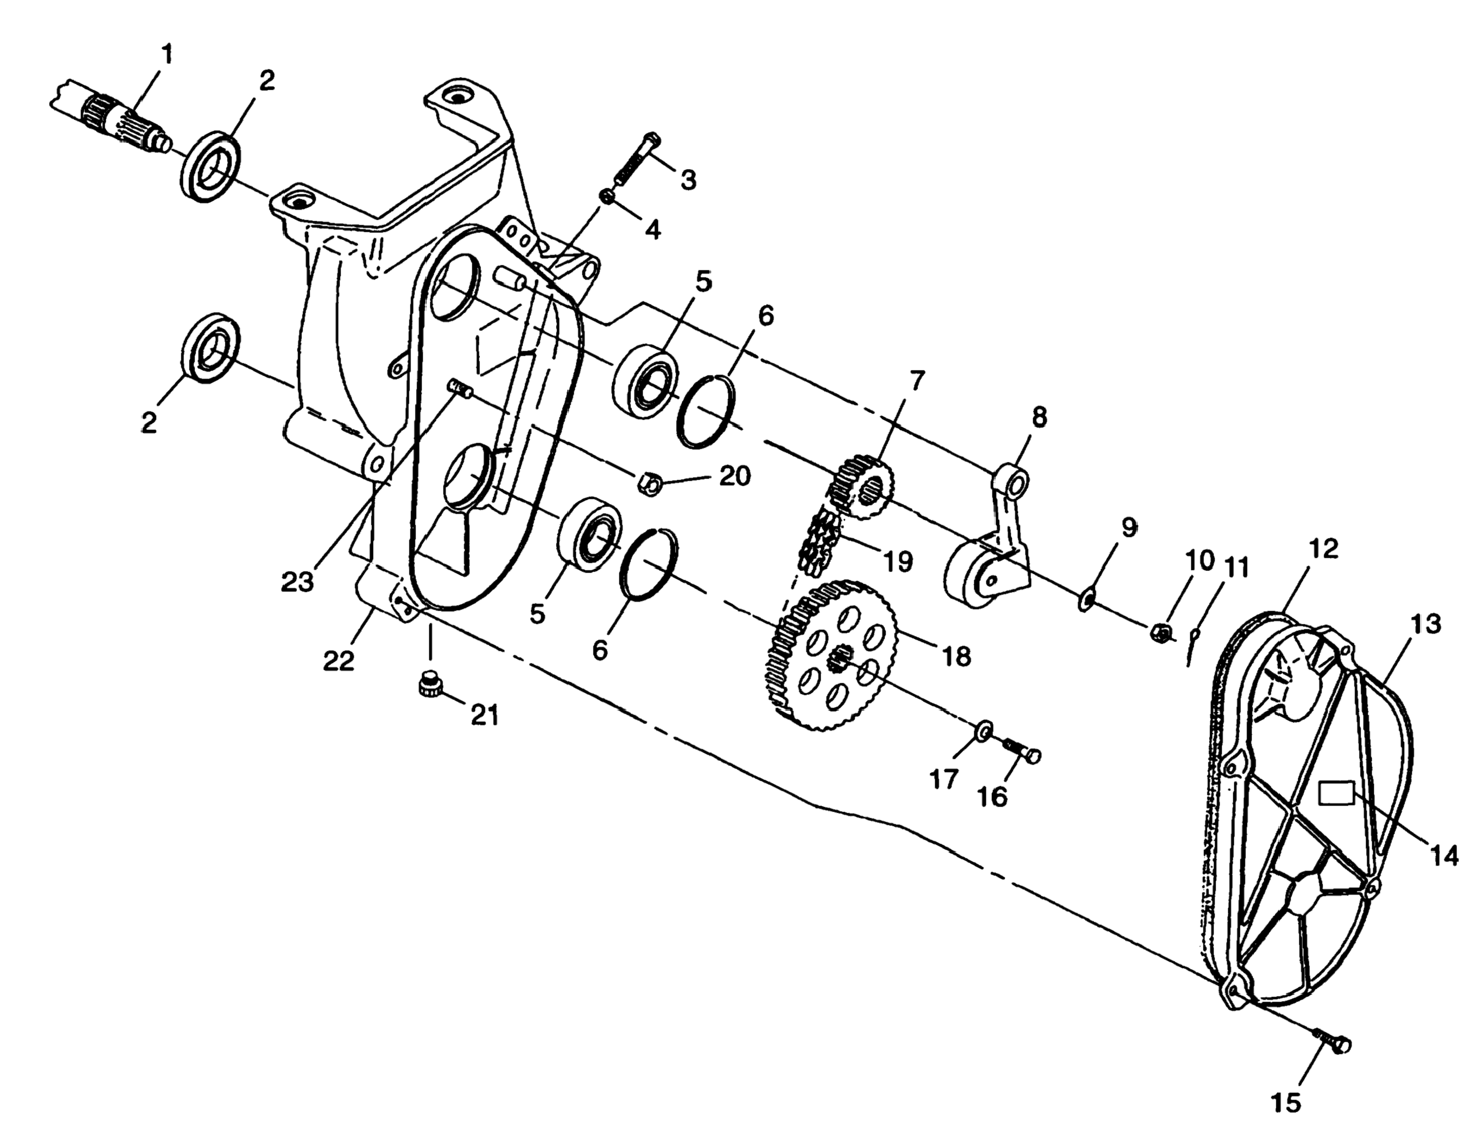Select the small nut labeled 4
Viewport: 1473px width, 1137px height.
point(608,197)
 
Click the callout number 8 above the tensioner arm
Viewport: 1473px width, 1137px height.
point(1039,417)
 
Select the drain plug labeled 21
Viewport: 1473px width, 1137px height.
point(427,686)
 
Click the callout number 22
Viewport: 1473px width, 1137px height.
point(338,661)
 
